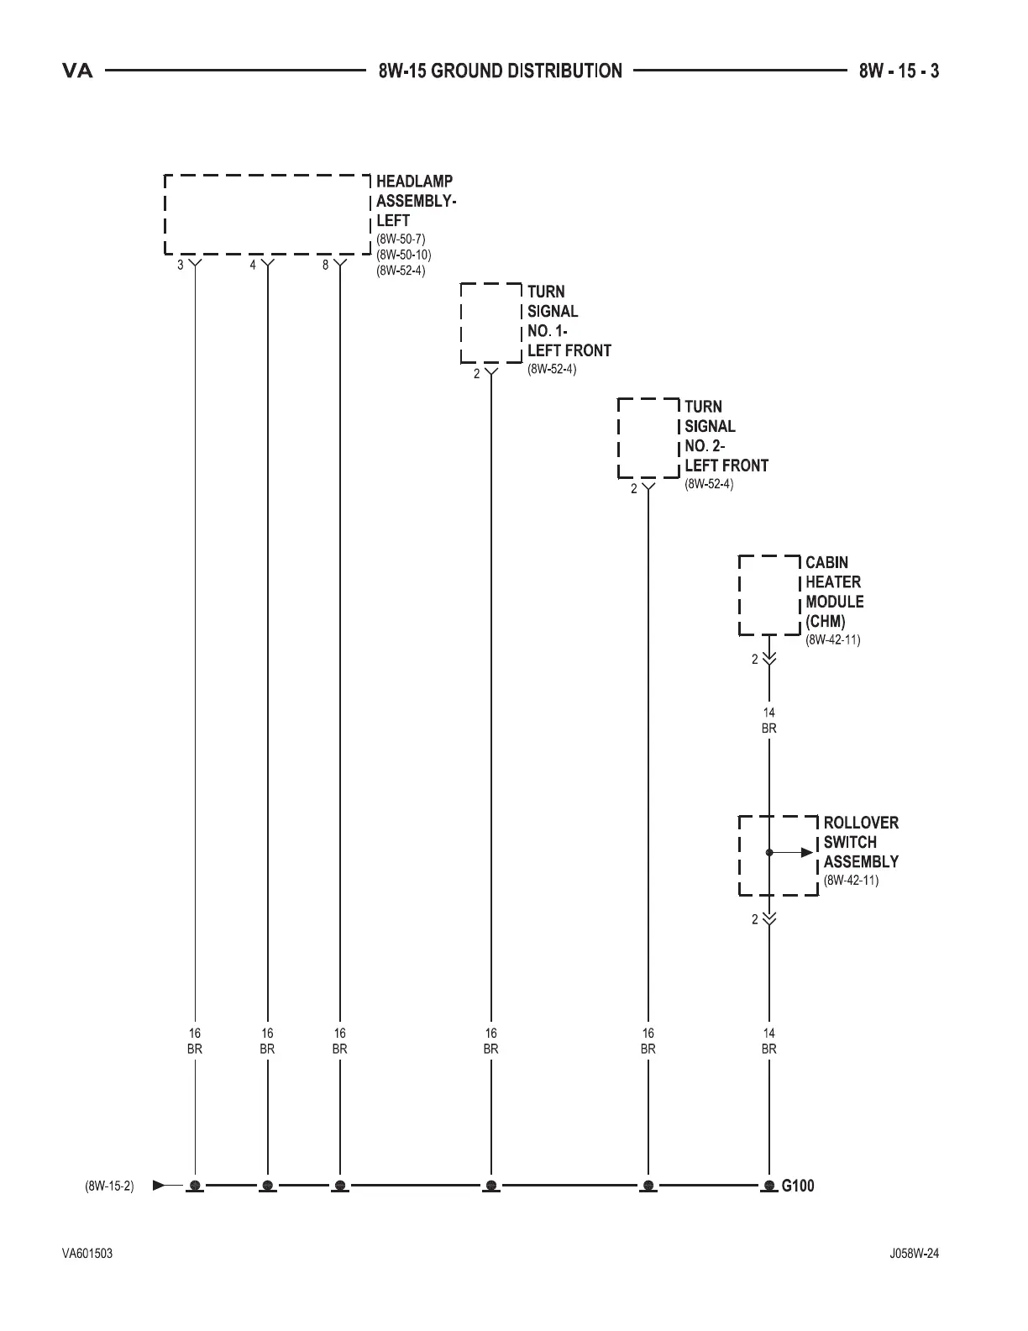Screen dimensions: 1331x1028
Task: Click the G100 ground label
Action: point(798,1186)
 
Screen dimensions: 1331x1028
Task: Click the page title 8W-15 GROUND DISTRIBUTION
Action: point(501,71)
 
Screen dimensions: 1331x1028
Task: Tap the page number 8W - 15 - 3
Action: point(898,71)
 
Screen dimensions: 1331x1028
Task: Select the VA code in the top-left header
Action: point(77,71)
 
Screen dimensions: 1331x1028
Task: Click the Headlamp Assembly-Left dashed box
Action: point(267,214)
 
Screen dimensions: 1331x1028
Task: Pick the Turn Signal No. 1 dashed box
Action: point(491,323)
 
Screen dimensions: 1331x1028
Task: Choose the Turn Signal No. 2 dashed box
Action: point(648,438)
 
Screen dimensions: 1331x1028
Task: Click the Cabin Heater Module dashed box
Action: point(769,594)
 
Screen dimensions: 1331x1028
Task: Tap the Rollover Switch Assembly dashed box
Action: point(779,855)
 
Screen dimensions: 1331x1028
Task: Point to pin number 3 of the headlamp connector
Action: point(181,265)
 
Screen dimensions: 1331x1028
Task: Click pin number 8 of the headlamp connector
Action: point(326,265)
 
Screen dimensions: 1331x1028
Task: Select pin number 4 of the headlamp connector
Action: point(253,265)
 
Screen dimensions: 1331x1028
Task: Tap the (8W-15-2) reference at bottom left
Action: point(109,1186)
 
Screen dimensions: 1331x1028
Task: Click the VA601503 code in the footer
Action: point(87,1254)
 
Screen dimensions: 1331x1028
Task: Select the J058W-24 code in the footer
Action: point(915,1254)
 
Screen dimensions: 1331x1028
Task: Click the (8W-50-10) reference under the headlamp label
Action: point(404,255)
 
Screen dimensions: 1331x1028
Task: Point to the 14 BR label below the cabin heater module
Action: point(769,721)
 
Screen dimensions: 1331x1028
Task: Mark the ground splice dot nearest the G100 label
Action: point(769,1186)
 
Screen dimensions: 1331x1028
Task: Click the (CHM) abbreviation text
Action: point(825,622)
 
